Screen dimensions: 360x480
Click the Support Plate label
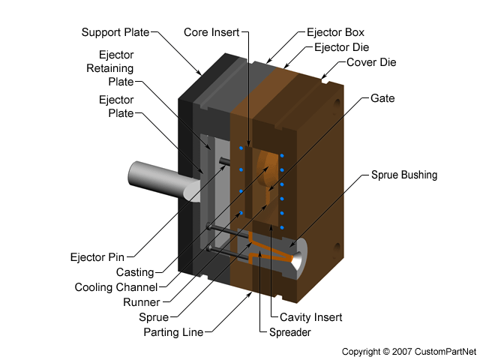115,32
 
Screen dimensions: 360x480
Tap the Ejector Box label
335,32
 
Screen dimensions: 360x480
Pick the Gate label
382,98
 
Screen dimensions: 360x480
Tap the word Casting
135,271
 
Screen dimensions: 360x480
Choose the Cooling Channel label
116,287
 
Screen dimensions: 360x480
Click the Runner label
141,302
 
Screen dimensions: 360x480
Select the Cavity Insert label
310,317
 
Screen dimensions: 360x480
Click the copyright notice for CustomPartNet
408,351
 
